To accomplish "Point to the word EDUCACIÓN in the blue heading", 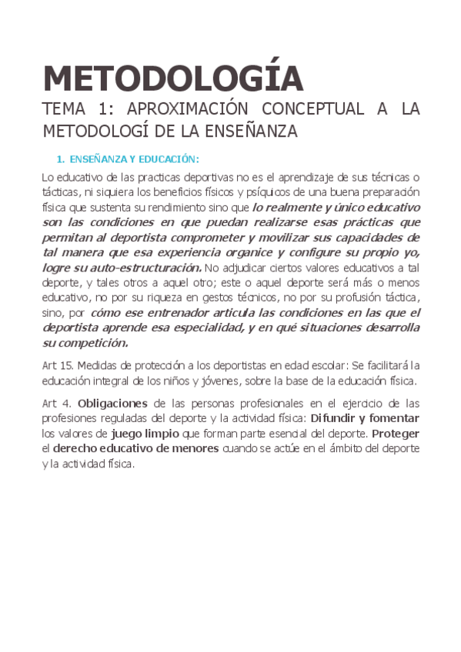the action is [x=169, y=159].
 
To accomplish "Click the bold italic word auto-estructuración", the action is [x=138, y=268].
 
